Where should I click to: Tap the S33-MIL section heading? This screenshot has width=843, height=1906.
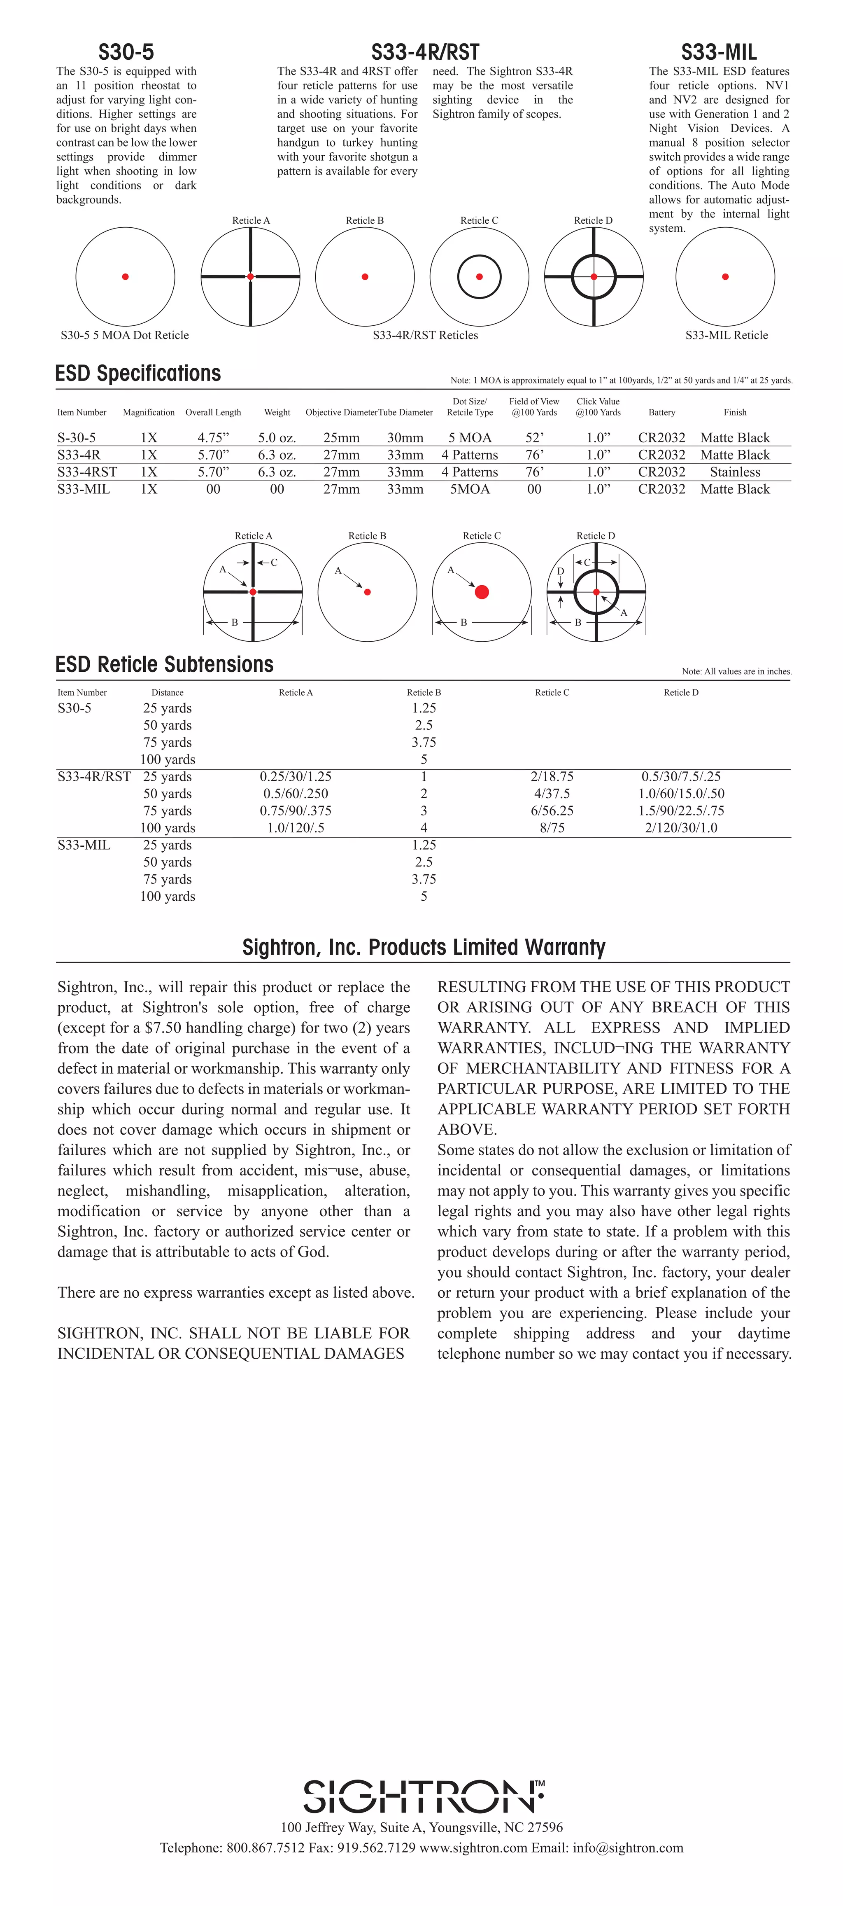tap(719, 53)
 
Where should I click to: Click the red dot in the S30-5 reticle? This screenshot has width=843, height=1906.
tap(126, 277)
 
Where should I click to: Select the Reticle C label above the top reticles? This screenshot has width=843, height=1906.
tap(479, 220)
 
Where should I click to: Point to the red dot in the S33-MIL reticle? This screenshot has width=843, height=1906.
tap(725, 277)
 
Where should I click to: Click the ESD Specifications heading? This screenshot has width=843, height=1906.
tap(138, 374)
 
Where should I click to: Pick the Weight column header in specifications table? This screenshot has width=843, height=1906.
tap(277, 412)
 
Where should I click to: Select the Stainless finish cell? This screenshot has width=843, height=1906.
tap(735, 472)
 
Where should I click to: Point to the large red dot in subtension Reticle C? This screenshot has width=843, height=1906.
tap(482, 592)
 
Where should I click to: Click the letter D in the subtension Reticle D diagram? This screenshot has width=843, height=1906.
tap(561, 571)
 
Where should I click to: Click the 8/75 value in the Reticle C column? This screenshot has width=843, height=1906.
tap(552, 828)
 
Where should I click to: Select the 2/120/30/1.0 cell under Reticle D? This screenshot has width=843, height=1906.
tap(681, 828)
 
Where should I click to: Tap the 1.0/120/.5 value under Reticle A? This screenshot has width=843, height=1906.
tap(296, 828)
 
